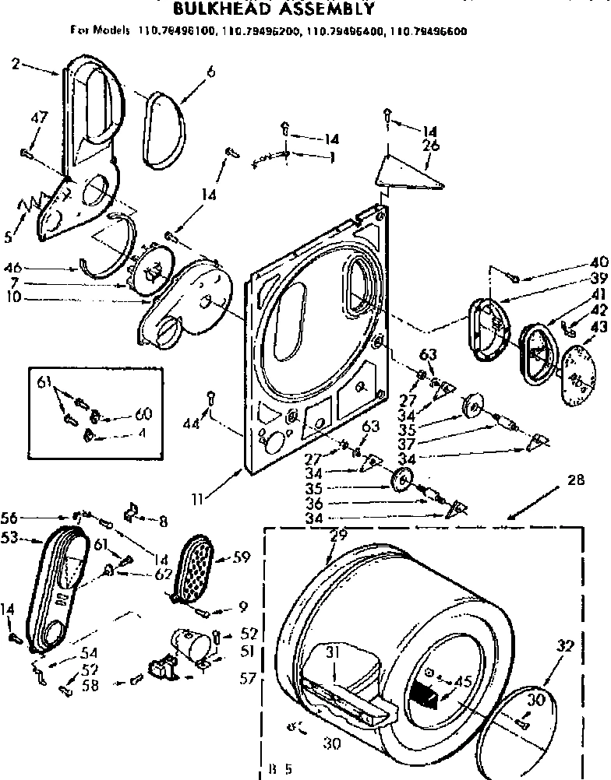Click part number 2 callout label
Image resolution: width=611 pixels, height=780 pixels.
(x=16, y=64)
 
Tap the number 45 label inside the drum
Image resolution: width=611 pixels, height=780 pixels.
(x=465, y=683)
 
